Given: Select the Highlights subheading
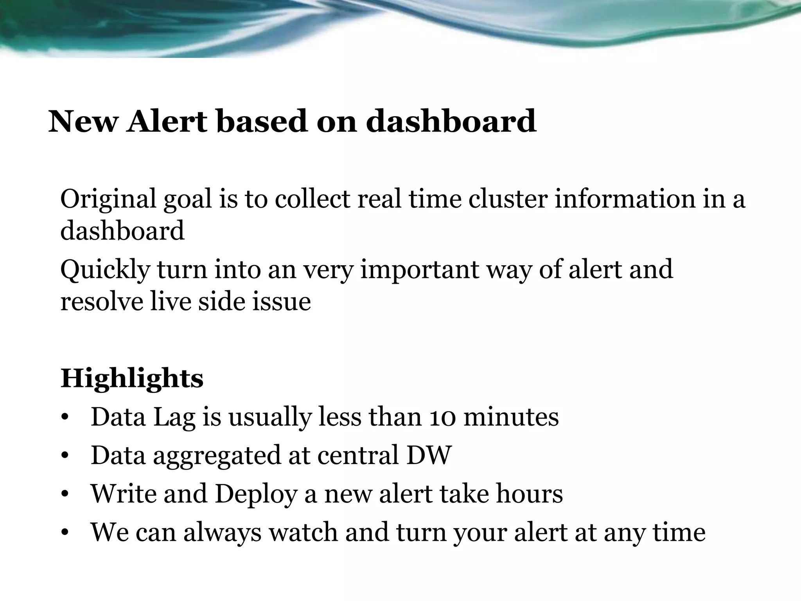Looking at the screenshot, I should [132, 379].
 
